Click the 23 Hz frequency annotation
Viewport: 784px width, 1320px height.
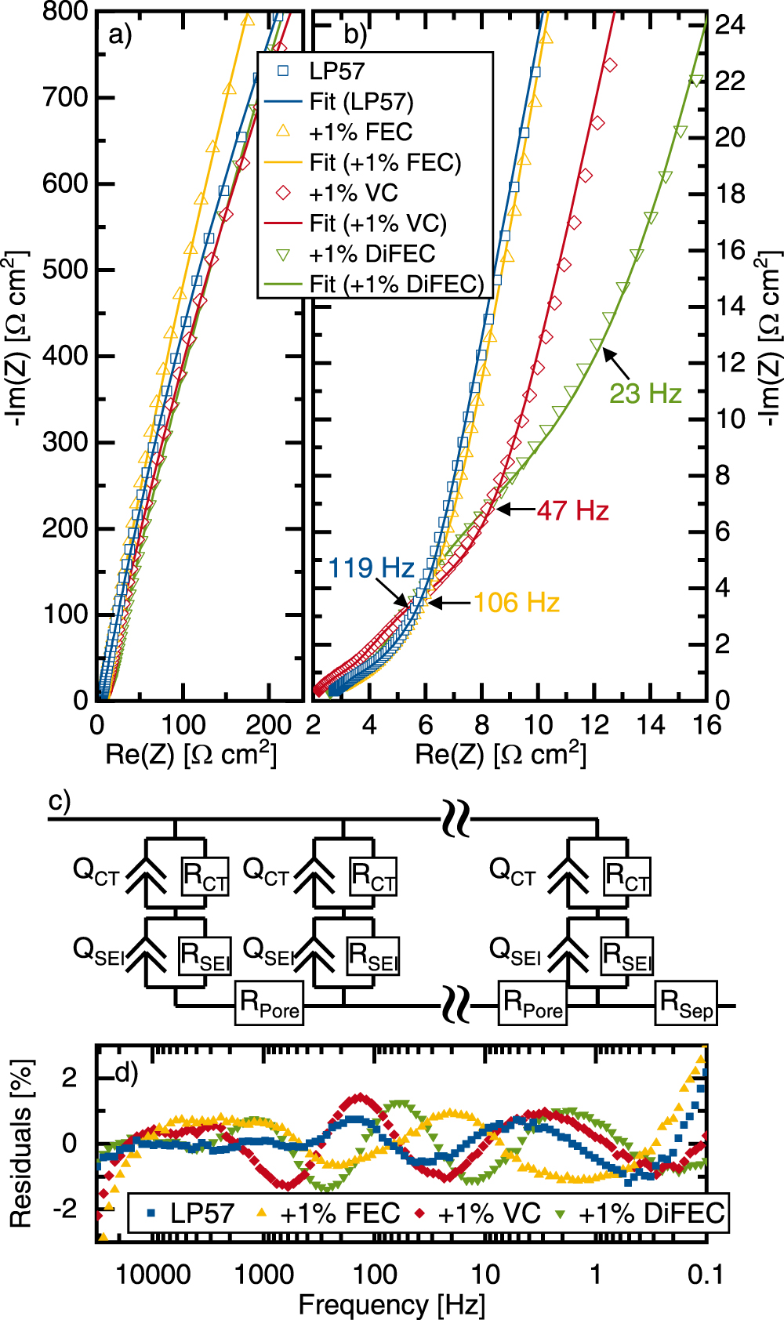coord(645,393)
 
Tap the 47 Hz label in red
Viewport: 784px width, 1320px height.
coord(572,511)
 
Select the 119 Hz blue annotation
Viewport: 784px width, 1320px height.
coord(370,568)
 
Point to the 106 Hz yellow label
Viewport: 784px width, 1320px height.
coord(516,603)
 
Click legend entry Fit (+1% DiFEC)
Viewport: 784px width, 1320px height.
coord(396,284)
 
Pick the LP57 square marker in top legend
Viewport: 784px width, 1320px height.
coord(284,71)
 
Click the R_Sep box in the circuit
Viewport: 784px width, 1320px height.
coord(686,1003)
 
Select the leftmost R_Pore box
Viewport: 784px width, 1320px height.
coord(269,1003)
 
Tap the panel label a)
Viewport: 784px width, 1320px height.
coord(120,34)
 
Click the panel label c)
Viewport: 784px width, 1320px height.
coord(60,801)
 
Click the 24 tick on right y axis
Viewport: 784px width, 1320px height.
coord(729,24)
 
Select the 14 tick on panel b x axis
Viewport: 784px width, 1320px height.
coord(650,725)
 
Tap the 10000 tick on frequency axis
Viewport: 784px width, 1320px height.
coord(153,1275)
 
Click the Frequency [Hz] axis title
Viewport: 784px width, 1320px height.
coord(391,1305)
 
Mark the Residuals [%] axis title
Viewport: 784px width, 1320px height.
coord(21,1144)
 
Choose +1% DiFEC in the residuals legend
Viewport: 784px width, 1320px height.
coord(651,1213)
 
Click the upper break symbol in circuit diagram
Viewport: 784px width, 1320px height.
coord(456,818)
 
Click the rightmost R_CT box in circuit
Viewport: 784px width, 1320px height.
coord(627,876)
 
